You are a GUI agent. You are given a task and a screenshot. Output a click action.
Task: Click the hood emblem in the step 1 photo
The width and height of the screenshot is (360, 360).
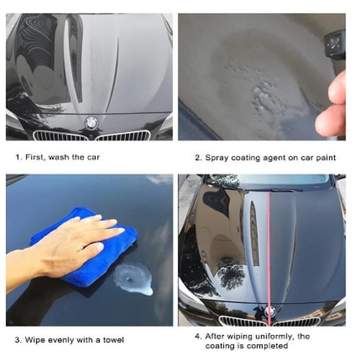click(x=91, y=122)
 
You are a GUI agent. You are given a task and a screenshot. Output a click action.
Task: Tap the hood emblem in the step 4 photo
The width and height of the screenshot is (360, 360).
click(x=271, y=311)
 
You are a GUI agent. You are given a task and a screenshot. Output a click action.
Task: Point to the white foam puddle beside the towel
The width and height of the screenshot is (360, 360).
click(x=133, y=279)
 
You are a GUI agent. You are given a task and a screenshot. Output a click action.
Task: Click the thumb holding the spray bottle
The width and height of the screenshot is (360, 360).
click(x=337, y=88)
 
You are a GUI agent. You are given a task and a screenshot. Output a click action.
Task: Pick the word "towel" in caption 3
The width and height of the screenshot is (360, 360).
click(x=113, y=340)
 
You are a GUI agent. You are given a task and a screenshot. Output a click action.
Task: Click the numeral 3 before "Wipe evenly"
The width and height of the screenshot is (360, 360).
click(x=17, y=340)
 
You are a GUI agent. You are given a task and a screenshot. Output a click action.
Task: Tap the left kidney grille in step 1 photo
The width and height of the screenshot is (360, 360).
click(x=60, y=136)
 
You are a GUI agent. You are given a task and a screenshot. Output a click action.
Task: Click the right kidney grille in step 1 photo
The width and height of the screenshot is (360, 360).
click(x=123, y=135)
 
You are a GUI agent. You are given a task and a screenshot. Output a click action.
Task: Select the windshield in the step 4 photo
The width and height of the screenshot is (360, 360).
click(x=269, y=181)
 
